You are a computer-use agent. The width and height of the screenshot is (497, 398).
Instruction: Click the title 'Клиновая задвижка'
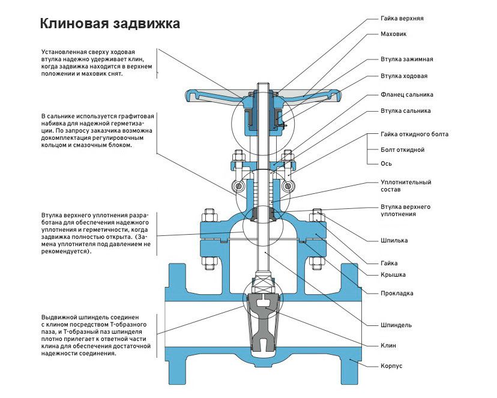pyautogui.click(x=109, y=24)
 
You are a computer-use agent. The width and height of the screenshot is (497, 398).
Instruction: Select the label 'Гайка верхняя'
pyautogui.click(x=402, y=19)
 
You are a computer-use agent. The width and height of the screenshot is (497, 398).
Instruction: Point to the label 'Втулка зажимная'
pyautogui.click(x=406, y=59)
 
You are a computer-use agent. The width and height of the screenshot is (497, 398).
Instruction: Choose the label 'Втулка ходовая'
pyautogui.click(x=404, y=76)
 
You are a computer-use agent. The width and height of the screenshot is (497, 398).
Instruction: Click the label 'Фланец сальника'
pyautogui.click(x=406, y=95)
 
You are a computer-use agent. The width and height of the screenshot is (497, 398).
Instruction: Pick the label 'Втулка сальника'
pyautogui.click(x=405, y=111)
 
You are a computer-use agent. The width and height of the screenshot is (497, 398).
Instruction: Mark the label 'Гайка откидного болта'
pyautogui.click(x=414, y=134)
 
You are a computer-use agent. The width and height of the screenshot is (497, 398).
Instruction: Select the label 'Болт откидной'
pyautogui.click(x=402, y=149)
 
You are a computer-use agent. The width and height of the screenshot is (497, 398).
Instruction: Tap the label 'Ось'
pyautogui.click(x=387, y=163)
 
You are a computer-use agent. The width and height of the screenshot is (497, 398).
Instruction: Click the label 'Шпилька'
pyautogui.click(x=394, y=241)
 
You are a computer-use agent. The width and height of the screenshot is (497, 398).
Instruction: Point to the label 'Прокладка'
pyautogui.click(x=397, y=294)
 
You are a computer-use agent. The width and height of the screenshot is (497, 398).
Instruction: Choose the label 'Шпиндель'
pyautogui.click(x=396, y=325)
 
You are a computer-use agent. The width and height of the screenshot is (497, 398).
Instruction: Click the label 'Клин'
pyautogui.click(x=388, y=346)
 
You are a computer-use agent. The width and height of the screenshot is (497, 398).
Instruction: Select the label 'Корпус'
pyautogui.click(x=391, y=366)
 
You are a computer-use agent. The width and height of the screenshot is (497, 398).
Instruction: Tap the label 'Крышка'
pyautogui.click(x=393, y=275)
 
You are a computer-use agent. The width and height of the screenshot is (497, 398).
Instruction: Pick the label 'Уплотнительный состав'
pyautogui.click(x=406, y=185)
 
